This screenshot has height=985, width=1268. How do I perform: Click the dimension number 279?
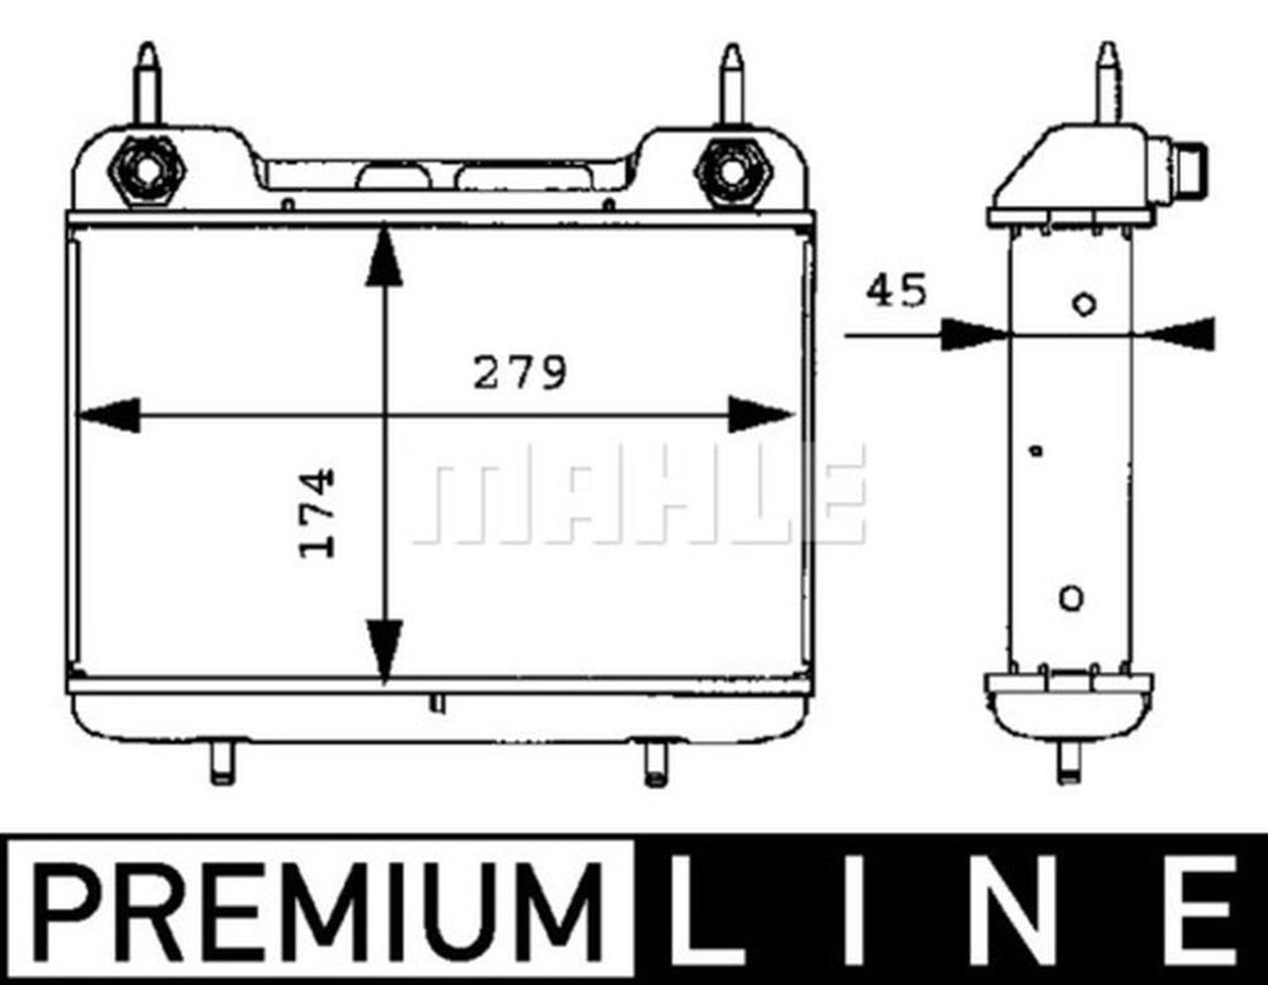tap(519, 373)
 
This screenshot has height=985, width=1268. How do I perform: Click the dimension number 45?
tap(897, 292)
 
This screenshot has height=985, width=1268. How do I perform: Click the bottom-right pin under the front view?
tap(654, 763)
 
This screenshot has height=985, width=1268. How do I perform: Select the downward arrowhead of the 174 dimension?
tap(384, 648)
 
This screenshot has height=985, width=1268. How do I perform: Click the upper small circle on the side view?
tap(1085, 304)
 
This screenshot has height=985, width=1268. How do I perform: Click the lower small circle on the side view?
tap(1071, 597)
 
